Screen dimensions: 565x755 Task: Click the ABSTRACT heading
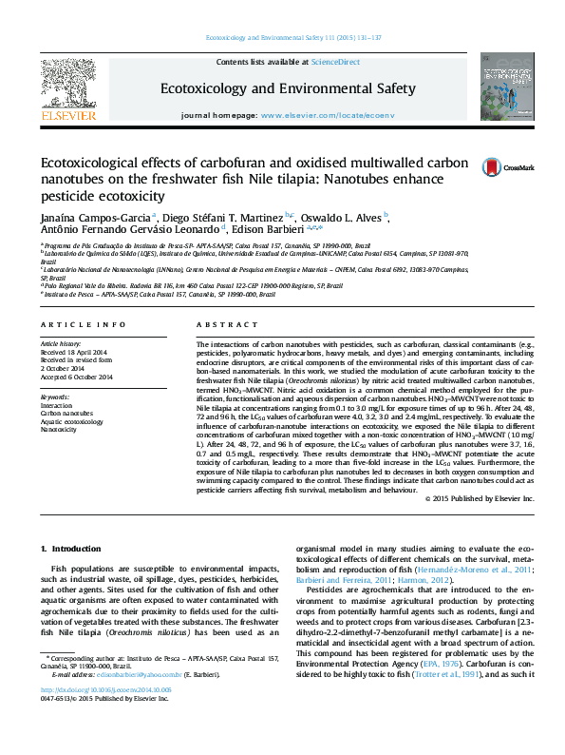click(220, 324)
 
